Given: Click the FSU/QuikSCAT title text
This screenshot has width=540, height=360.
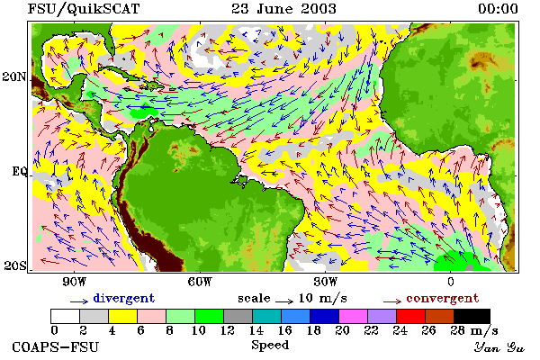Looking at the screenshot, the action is coord(84,9).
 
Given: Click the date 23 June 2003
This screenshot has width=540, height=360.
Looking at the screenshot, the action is coord(283,9).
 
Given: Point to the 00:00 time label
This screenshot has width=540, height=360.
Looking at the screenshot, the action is coord(498,9).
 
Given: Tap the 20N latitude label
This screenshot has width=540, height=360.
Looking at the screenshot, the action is coord(14,76).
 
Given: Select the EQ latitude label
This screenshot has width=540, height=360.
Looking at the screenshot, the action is coord(20,172).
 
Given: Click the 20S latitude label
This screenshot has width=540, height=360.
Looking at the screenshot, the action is coord(15,265).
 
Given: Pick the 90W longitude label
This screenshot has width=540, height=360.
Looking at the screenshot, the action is coord(74,282).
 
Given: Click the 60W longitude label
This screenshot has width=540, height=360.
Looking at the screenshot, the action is coord(200,282).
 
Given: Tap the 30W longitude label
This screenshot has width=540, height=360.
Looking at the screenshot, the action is coord(326,282).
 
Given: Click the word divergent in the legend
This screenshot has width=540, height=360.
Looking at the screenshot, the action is coord(124,299).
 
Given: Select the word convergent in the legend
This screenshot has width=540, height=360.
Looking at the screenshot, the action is coord(443,298).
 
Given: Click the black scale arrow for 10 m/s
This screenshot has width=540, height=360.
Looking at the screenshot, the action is coord(284,301).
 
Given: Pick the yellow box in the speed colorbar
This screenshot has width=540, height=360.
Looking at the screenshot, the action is coord(122,316).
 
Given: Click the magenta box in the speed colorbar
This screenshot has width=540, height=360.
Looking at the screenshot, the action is coord(353,316).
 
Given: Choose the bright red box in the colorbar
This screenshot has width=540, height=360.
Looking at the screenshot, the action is coord(410,316).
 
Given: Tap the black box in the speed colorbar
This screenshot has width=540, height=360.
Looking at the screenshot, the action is coord(472,316).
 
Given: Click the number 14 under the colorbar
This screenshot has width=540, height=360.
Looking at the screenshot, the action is coord(256,330).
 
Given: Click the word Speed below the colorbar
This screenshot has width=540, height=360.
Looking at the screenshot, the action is coord(270,346).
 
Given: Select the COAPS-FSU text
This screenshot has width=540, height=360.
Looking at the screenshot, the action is coord(55,346).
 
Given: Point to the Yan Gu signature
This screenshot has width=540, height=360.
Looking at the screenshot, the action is coord(499,347).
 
